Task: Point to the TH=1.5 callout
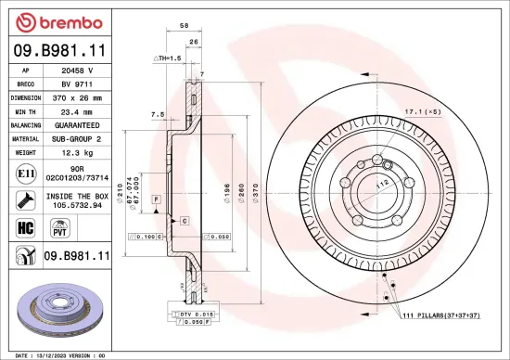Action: coord(168,58)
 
